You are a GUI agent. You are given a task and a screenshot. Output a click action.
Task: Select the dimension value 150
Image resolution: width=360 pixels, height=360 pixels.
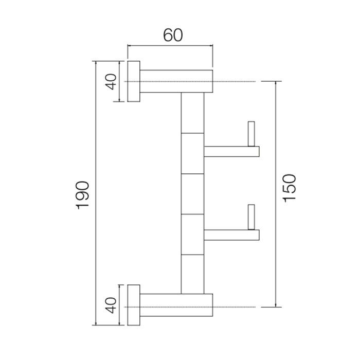click(x=290, y=188)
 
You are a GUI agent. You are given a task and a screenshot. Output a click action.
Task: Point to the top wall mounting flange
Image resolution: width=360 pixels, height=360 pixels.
click(x=134, y=82)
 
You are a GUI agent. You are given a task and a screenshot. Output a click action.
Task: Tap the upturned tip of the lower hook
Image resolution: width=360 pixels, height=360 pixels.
click(x=251, y=217)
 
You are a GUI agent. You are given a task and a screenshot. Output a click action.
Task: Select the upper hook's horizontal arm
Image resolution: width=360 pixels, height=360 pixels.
click(x=231, y=151)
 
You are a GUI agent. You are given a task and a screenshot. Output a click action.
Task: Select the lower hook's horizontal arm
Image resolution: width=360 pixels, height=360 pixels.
click(x=231, y=235)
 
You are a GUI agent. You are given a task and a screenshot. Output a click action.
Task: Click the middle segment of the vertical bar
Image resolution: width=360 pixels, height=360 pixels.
click(x=193, y=193)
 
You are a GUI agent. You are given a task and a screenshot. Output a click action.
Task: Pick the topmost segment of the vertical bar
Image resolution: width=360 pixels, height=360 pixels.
click(x=193, y=113)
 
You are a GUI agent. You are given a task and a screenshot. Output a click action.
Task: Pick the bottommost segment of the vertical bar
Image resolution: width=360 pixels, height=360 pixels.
click(x=193, y=274)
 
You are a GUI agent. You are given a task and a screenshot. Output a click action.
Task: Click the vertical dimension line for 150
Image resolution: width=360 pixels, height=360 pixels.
click(x=276, y=154)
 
